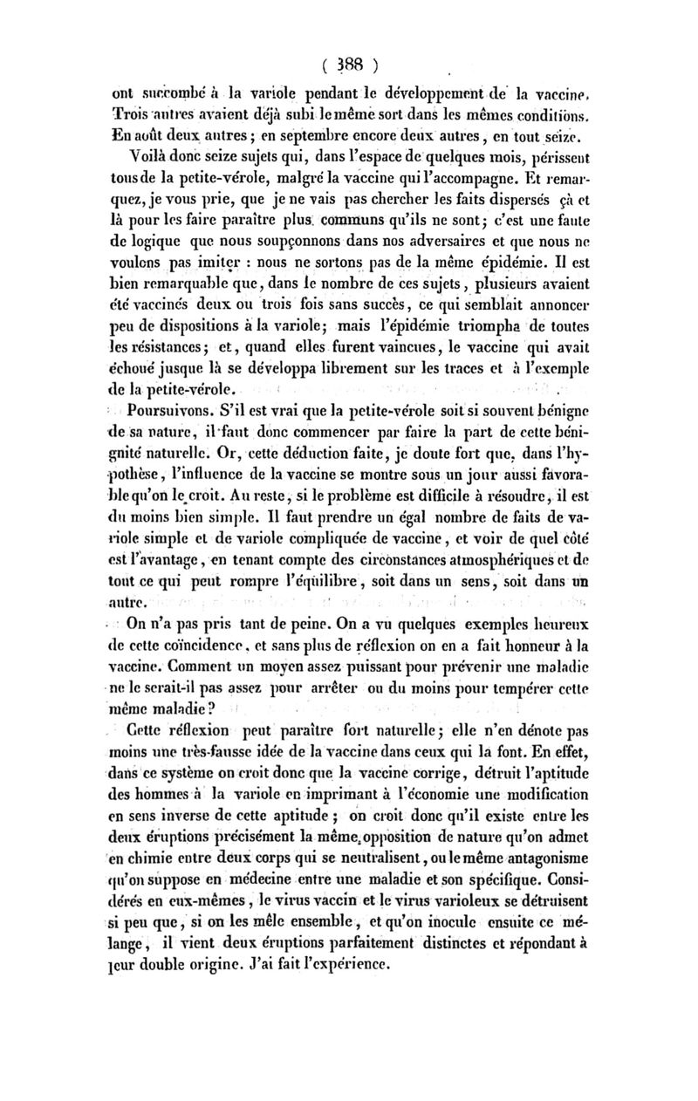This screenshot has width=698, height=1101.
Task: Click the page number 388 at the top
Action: [x=347, y=64]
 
